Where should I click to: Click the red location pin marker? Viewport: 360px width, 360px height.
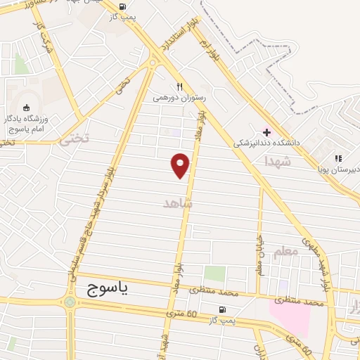click(x=181, y=165)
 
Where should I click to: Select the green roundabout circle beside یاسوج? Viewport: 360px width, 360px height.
click(x=70, y=302)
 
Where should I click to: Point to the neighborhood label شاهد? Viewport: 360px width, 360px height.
click(x=177, y=202)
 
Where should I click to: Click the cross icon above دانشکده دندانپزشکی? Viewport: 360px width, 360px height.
click(x=266, y=131)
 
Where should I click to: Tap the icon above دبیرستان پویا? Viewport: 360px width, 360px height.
click(x=337, y=159)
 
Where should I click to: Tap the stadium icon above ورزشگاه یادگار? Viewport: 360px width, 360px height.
click(x=27, y=108)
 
